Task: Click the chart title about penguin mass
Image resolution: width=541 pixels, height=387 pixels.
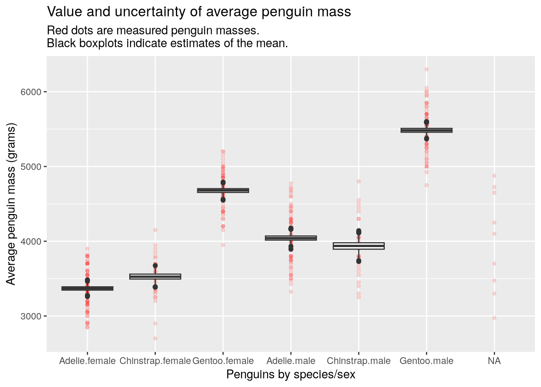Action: click(x=199, y=12)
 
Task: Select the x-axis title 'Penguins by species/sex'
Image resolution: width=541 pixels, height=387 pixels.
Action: click(x=291, y=375)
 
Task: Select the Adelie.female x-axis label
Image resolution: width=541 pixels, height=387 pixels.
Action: click(x=87, y=361)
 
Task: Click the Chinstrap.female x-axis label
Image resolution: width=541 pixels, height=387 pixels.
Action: click(x=155, y=361)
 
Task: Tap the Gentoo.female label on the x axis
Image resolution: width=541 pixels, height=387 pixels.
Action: click(x=223, y=361)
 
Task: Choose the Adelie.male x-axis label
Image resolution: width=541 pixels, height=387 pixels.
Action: click(x=291, y=361)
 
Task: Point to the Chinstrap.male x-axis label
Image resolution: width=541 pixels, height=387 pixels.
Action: click(x=359, y=361)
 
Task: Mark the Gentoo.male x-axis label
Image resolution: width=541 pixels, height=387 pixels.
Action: click(x=426, y=361)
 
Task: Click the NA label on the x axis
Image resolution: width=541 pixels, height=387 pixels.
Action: click(x=494, y=361)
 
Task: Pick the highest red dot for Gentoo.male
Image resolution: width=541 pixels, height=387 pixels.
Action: click(x=427, y=69)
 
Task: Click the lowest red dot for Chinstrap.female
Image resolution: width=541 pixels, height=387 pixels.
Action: click(x=155, y=338)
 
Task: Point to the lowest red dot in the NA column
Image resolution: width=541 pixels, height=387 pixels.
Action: click(x=494, y=318)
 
